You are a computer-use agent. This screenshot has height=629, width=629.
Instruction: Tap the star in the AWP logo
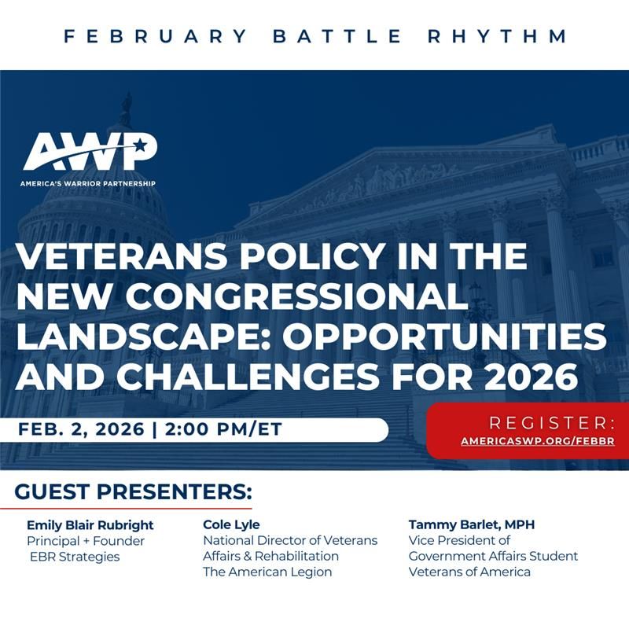[x=139, y=145]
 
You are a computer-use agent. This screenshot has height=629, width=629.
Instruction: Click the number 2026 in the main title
[x=534, y=377]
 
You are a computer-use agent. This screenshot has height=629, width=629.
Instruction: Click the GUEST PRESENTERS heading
[x=133, y=493]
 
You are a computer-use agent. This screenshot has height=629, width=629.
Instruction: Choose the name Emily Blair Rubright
[x=90, y=524]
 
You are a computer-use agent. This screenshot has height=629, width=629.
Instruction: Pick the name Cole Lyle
[x=231, y=524]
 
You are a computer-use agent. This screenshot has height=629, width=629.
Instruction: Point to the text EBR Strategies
[x=75, y=557]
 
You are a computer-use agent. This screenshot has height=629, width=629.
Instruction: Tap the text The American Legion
[x=267, y=572]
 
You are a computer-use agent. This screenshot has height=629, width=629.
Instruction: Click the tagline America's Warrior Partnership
[x=88, y=183]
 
